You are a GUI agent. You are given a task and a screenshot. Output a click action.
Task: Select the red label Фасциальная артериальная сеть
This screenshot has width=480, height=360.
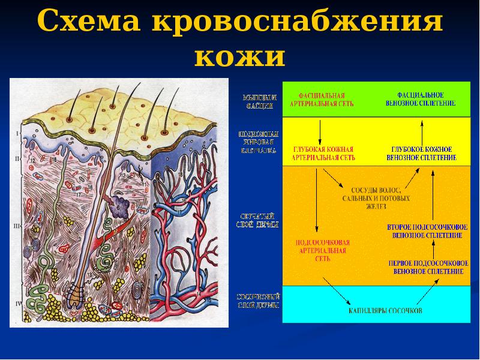pos(322,99)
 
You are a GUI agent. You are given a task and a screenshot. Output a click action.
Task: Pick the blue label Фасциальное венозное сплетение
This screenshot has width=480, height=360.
pos(421,99)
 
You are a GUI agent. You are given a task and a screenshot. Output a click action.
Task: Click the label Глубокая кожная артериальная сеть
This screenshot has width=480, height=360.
pos(323,153)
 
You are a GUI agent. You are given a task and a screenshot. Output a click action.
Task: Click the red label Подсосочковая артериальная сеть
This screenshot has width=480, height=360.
pos(323,251)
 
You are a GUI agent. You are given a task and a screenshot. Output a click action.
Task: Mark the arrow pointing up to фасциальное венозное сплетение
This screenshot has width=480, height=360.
pos(422,129)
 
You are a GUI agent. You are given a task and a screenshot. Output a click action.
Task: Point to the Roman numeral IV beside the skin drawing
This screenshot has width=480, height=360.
pos(18,304)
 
